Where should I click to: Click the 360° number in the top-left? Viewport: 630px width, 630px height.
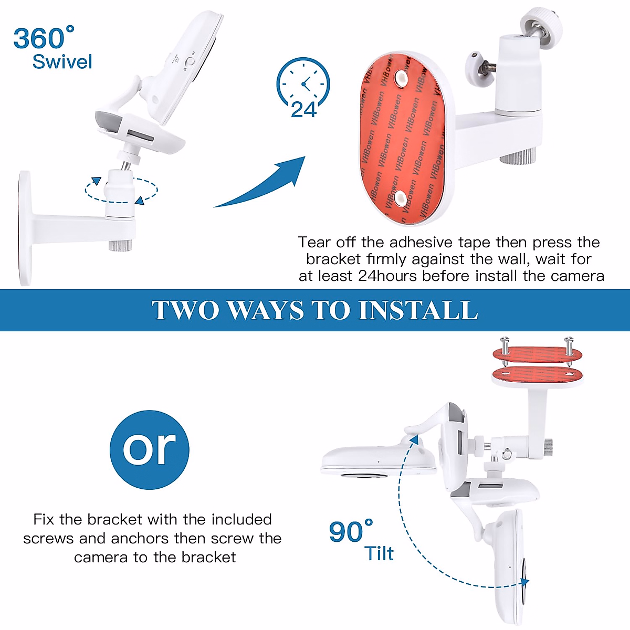coord(43,39)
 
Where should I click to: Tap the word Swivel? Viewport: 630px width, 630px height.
coord(62,62)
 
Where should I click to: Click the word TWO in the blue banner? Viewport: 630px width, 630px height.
coord(185,310)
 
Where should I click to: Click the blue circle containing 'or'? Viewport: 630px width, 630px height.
coord(150,450)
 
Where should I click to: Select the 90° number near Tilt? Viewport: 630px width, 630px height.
coord(350,532)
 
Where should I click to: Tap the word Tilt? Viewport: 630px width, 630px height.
coord(379,553)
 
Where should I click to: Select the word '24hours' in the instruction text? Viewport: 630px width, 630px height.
coord(388,276)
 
